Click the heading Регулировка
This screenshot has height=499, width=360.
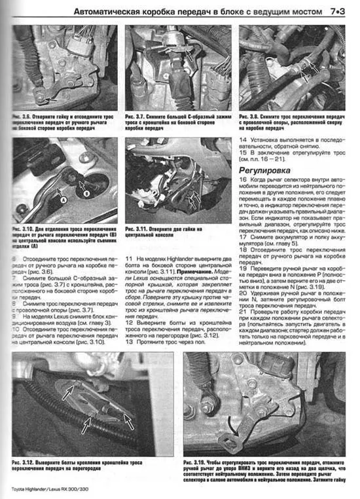tap(262, 170)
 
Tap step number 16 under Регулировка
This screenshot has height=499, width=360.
tap(243, 180)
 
